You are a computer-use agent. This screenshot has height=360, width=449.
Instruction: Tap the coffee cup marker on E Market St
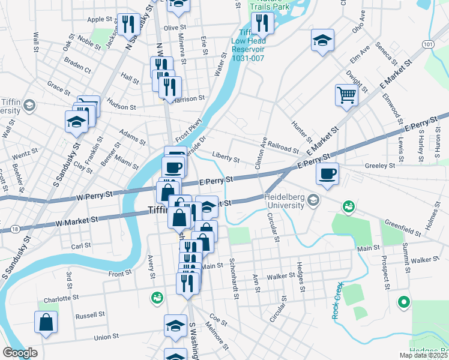pos(327,174)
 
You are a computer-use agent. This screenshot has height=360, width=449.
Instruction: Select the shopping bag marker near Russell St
pos(46,322)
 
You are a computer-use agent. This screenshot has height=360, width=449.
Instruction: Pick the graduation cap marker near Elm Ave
pos(322,40)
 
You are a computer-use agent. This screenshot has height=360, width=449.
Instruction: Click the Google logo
pos(20,353)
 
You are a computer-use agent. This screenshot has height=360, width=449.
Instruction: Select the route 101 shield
pos(427,44)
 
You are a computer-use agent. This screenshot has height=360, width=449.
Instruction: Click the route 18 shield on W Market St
pos(14,229)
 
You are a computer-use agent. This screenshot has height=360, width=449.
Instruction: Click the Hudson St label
pos(122,106)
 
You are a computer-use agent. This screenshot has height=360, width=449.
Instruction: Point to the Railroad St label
pos(283,147)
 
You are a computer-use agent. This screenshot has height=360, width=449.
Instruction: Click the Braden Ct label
pos(77,67)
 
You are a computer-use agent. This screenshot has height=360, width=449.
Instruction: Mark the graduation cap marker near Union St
pos(176,326)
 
